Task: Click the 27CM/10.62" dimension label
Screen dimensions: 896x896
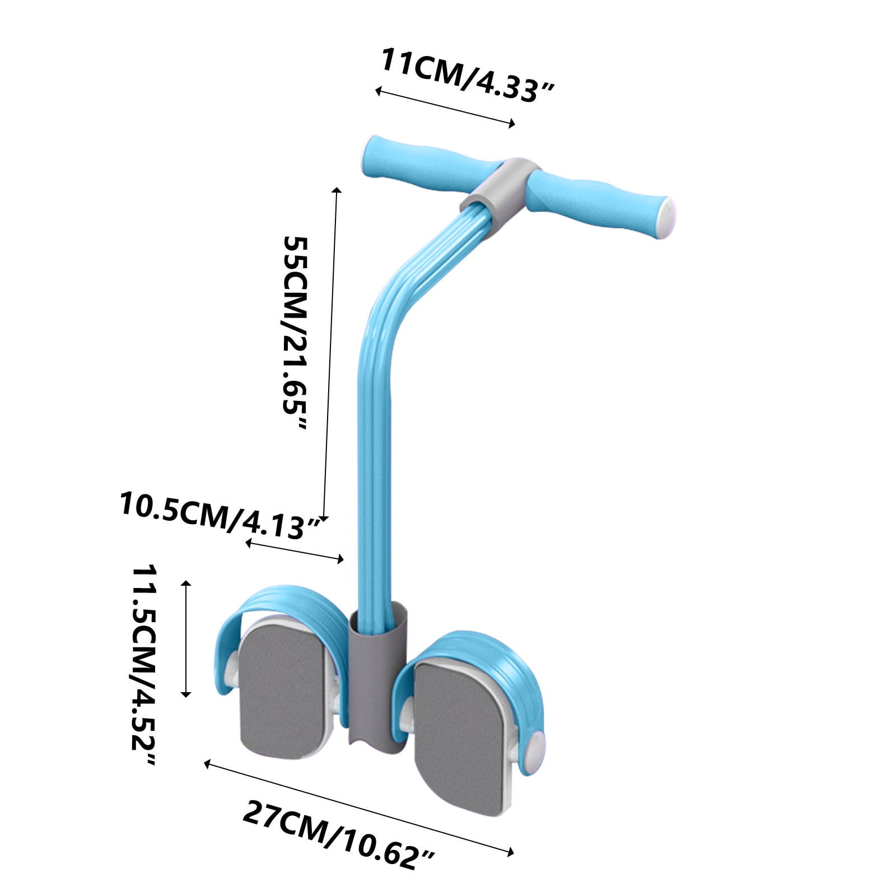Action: pos(338,835)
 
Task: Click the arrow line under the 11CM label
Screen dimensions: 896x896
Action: pos(445,107)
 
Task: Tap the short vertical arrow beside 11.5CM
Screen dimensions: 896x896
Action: pos(186,638)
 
